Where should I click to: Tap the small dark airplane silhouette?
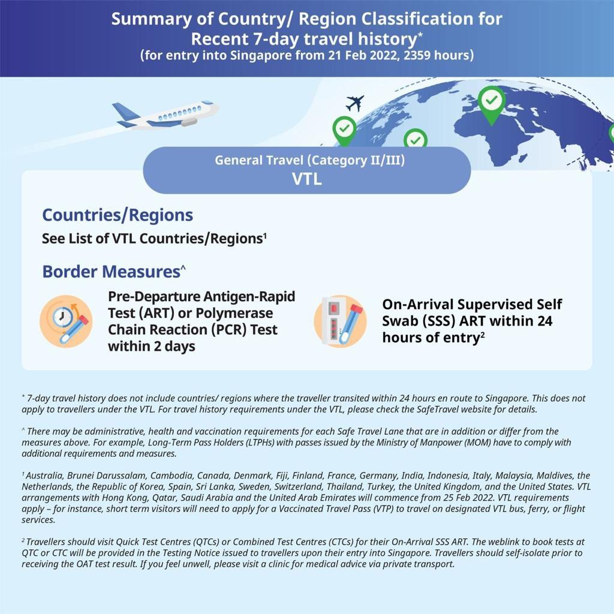(355, 103)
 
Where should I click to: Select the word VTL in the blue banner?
(306, 179)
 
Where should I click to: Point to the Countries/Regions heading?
(118, 215)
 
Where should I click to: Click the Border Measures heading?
(111, 271)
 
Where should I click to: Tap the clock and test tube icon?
(66, 321)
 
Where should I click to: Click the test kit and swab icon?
(340, 321)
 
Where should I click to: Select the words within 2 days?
(151, 347)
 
